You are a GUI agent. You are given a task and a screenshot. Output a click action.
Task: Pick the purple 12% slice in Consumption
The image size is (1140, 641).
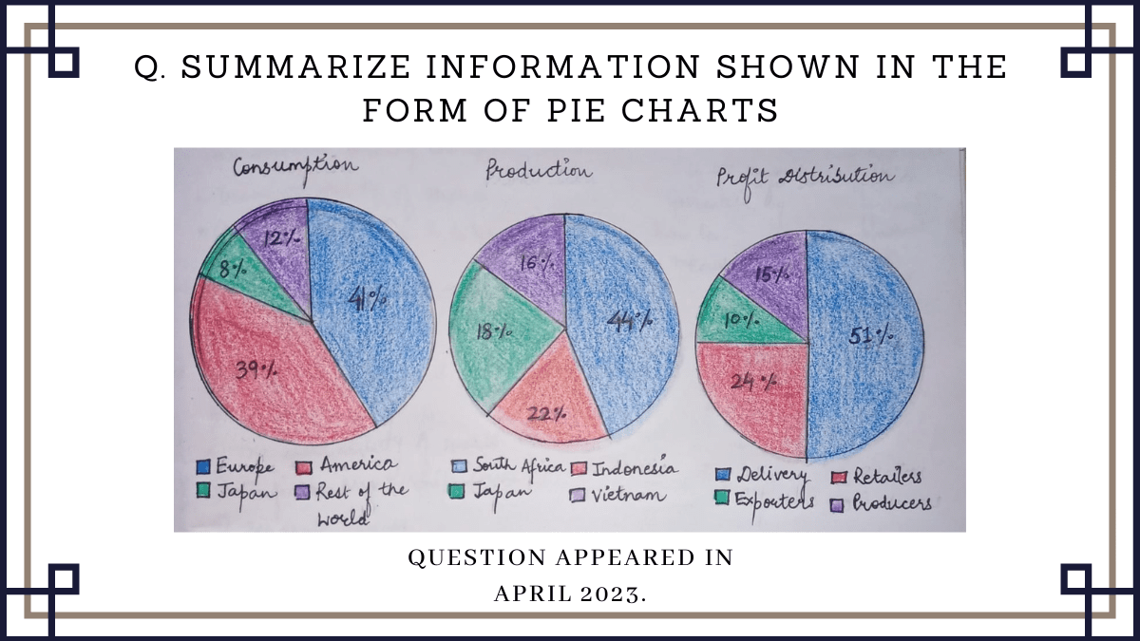click(274, 237)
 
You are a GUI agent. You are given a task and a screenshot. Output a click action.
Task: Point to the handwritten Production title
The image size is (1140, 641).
click(539, 171)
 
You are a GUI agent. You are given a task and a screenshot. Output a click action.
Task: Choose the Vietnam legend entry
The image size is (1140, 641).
click(626, 495)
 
